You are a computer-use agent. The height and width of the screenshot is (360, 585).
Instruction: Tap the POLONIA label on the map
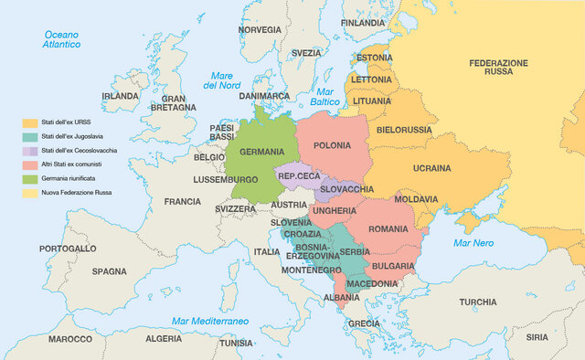tap(332, 145)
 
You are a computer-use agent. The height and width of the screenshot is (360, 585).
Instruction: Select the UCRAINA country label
tap(431, 168)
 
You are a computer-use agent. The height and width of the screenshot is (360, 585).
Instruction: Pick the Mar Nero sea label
tap(473, 243)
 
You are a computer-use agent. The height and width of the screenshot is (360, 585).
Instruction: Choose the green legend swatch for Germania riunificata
tap(30, 179)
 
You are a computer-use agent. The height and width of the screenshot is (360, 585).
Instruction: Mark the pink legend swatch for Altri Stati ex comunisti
tap(30, 164)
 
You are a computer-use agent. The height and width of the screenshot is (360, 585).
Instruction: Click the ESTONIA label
tap(374, 58)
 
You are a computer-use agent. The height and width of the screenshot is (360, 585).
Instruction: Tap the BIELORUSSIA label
tap(399, 130)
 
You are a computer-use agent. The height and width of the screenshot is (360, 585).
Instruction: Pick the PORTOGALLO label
tap(68, 249)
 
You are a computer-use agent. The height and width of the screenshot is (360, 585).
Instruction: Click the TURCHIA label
tap(478, 302)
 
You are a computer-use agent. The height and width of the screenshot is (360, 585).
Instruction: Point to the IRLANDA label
tap(120, 96)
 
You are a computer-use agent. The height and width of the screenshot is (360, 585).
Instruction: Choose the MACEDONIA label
tap(371, 283)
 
